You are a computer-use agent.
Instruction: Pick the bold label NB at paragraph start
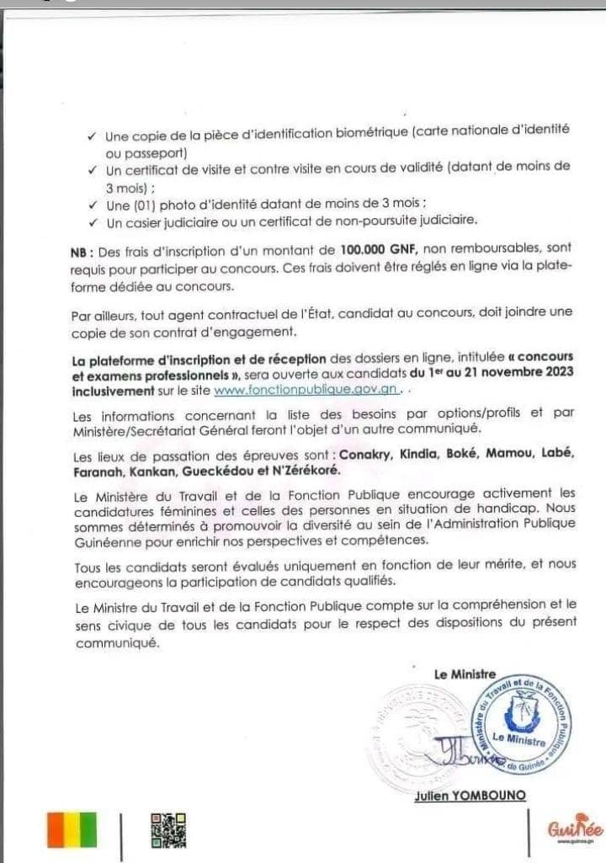point(83,249)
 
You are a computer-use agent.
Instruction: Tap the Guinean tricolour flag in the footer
point(72,829)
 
